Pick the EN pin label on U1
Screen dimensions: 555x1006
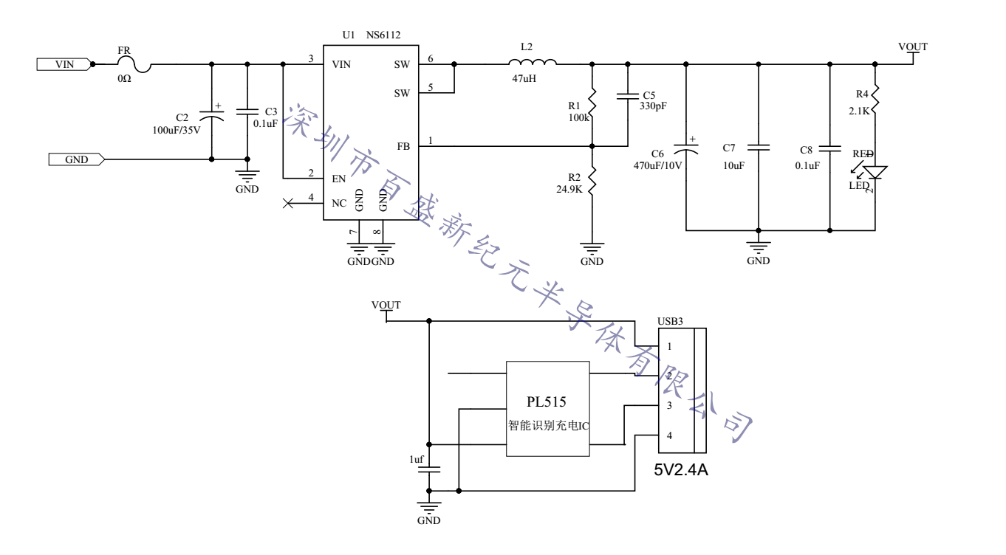(x=339, y=178)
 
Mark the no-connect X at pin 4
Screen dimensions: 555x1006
(x=288, y=203)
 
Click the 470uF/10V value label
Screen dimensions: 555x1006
(x=656, y=165)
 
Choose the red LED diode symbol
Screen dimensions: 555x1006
(x=876, y=173)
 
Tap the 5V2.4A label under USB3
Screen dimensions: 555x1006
(x=682, y=469)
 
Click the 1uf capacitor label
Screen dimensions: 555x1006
(x=417, y=460)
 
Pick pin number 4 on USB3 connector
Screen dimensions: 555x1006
(x=669, y=435)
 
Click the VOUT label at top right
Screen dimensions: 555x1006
(x=912, y=46)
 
